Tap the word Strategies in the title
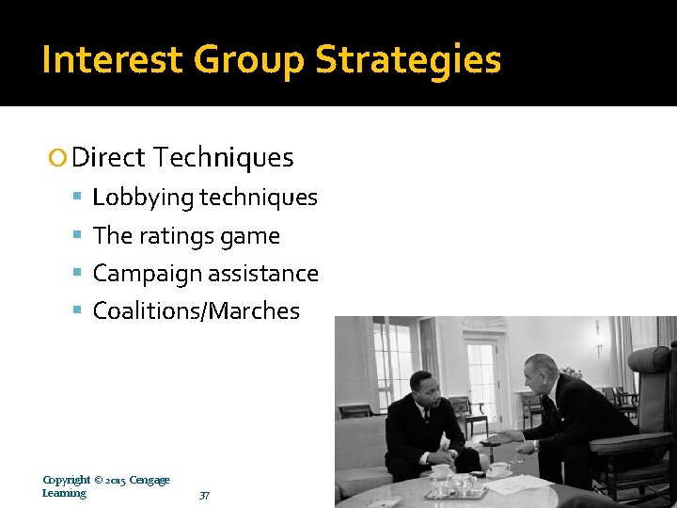click(408, 60)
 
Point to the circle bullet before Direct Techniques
click(58, 158)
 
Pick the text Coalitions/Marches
click(196, 311)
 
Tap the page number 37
click(205, 495)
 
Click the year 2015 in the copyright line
click(115, 480)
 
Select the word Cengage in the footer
click(150, 480)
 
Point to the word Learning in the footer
click(64, 493)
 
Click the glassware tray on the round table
click(454, 487)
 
